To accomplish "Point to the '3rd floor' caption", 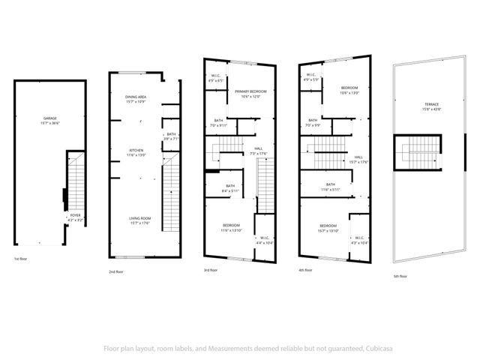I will point(211,270).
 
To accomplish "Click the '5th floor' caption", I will point(401,275).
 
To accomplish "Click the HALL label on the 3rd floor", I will point(259,148).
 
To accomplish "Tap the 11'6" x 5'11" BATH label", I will point(330,184).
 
